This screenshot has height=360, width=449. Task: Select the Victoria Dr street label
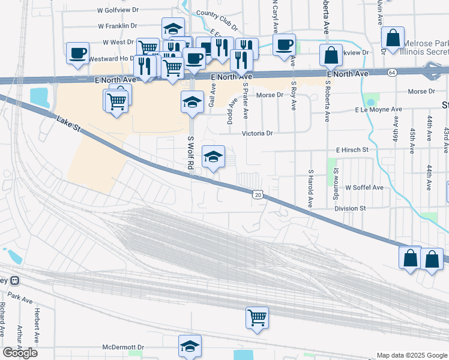tap(258, 134)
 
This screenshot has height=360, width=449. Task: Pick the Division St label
tap(350, 208)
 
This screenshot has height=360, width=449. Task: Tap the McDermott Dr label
tap(124, 347)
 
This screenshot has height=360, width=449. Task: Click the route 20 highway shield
tap(257, 194)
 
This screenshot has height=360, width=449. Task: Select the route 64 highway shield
tap(392, 72)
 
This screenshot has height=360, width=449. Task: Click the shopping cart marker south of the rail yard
tap(257, 317)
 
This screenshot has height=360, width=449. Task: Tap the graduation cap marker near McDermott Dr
tap(190, 346)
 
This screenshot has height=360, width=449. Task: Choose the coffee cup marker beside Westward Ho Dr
tap(77, 52)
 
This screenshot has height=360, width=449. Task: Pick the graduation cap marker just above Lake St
tap(213, 157)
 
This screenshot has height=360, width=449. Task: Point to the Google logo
tap(20, 353)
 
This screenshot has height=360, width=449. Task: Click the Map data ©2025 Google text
tap(412, 355)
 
